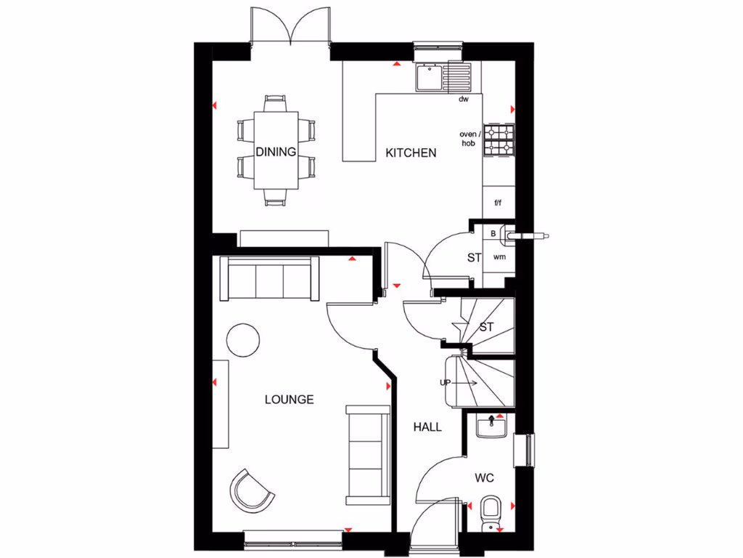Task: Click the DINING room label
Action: pyautogui.click(x=276, y=152)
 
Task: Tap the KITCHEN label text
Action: pyautogui.click(x=411, y=153)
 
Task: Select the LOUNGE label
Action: pyautogui.click(x=289, y=400)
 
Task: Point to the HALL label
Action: pyautogui.click(x=427, y=427)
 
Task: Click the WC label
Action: pyautogui.click(x=485, y=477)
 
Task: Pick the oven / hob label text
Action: pyautogui.click(x=469, y=138)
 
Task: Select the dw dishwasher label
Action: pyautogui.click(x=464, y=99)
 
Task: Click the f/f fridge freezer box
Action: pyautogui.click(x=498, y=203)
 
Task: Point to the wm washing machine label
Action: pyautogui.click(x=498, y=257)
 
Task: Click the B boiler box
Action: pyautogui.click(x=493, y=234)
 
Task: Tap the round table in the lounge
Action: pyautogui.click(x=243, y=339)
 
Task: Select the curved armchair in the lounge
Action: pyautogui.click(x=252, y=489)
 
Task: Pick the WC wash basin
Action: pyautogui.click(x=493, y=425)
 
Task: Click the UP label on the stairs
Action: pyautogui.click(x=446, y=381)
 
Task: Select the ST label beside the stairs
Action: pyautogui.click(x=486, y=327)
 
